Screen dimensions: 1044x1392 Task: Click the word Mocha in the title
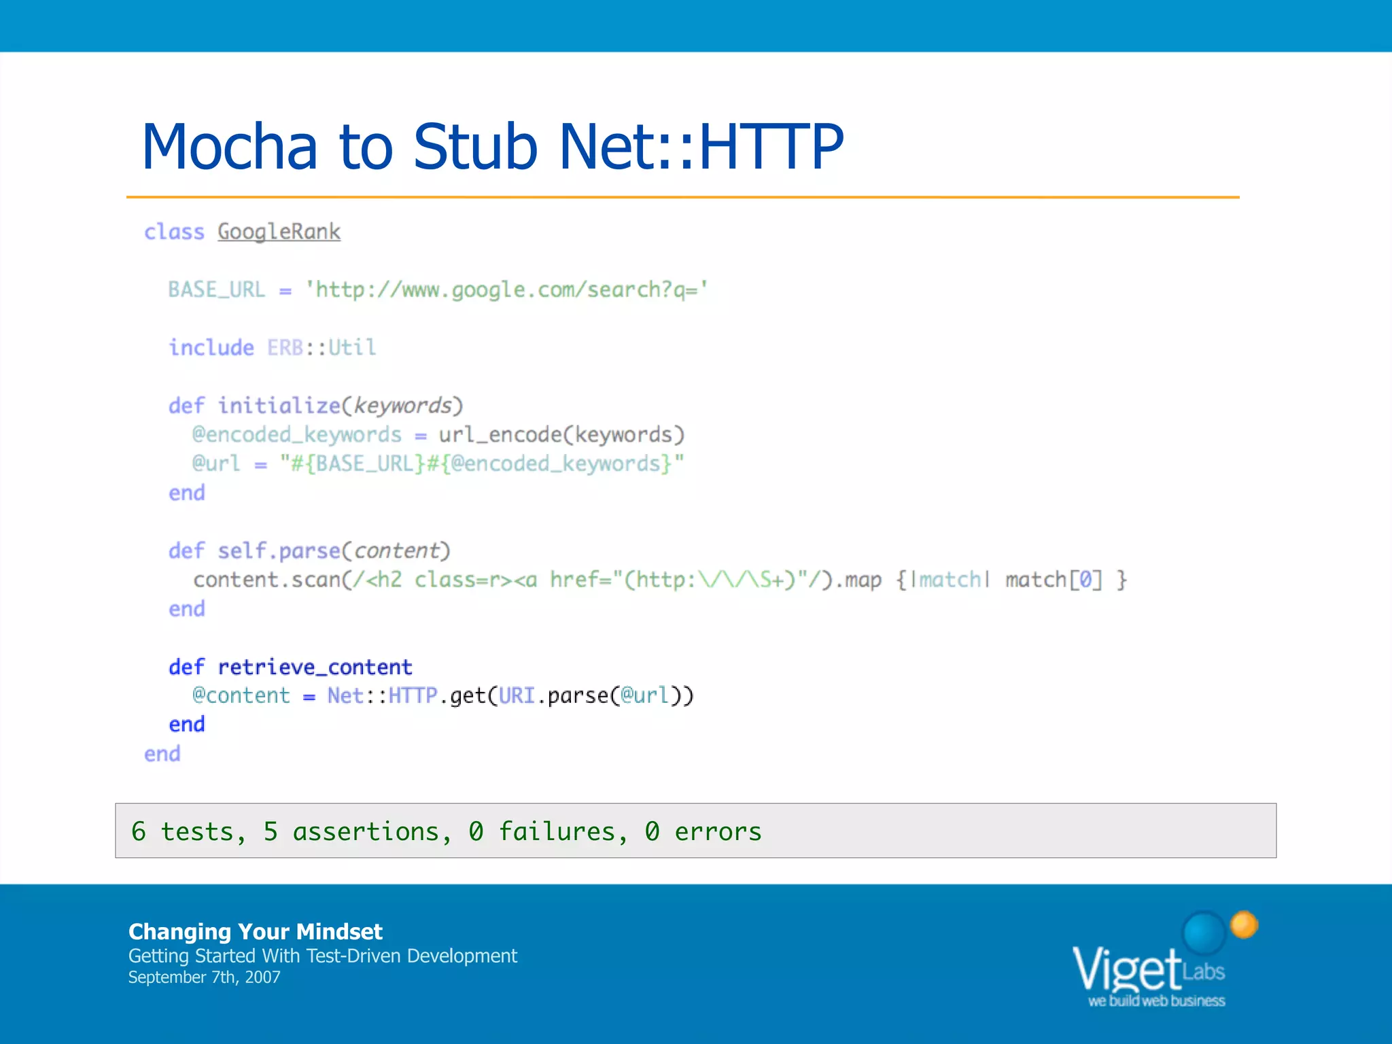pyautogui.click(x=230, y=146)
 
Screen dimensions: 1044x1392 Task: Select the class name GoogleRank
pyautogui.click(x=279, y=232)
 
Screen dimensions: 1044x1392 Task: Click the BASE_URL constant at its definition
pyautogui.click(x=216, y=290)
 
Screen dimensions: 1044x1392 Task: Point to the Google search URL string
pyautogui.click(x=506, y=290)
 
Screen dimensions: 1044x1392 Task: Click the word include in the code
pyautogui.click(x=211, y=347)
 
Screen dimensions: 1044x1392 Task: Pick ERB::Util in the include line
pyautogui.click(x=321, y=347)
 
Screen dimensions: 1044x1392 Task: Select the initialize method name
pyautogui.click(x=279, y=406)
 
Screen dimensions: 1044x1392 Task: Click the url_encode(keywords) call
pyautogui.click(x=561, y=434)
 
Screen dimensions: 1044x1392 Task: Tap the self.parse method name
pyautogui.click(x=279, y=551)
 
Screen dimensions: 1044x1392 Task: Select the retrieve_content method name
pyautogui.click(x=315, y=667)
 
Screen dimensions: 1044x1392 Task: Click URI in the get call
pyautogui.click(x=517, y=695)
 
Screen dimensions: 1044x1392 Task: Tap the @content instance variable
pyautogui.click(x=241, y=695)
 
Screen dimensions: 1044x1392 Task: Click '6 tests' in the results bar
pyautogui.click(x=182, y=831)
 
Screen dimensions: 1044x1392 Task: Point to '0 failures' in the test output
pyautogui.click(x=542, y=831)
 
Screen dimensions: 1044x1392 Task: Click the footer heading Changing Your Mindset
pyautogui.click(x=256, y=931)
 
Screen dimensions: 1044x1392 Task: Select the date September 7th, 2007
pyautogui.click(x=204, y=977)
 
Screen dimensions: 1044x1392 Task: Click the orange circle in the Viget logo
pyautogui.click(x=1244, y=925)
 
